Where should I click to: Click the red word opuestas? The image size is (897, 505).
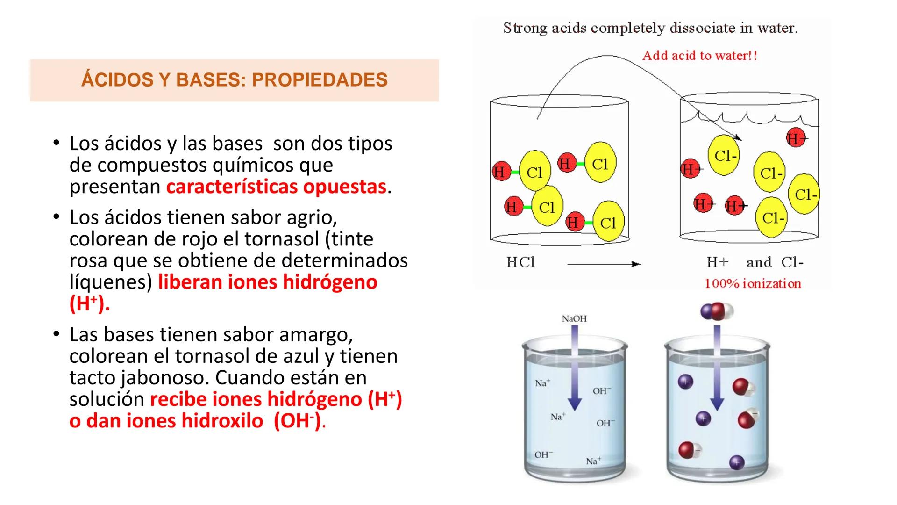tap(344, 187)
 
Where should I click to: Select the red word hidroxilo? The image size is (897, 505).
tap(222, 421)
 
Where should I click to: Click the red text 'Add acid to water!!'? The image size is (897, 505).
tap(699, 56)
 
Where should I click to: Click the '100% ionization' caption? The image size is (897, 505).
tap(752, 283)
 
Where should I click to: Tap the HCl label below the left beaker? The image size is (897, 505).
tap(520, 262)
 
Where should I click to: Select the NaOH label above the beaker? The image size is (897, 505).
tap(574, 318)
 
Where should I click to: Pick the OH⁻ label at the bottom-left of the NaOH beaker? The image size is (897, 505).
tap(543, 454)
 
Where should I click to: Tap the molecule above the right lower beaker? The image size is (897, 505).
tap(717, 312)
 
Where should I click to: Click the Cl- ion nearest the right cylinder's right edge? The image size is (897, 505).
tap(804, 194)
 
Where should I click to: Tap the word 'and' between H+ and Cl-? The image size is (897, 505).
tap(759, 262)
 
